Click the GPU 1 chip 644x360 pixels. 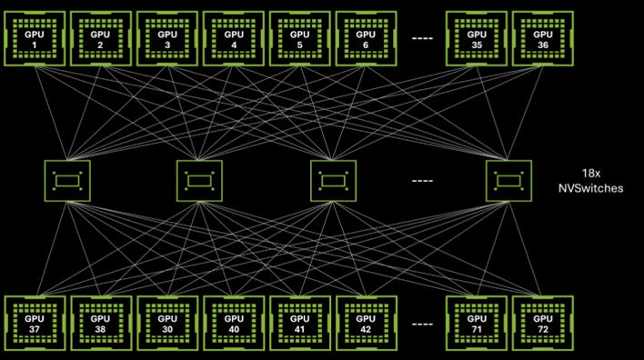point(35,38)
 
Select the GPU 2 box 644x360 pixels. point(101,38)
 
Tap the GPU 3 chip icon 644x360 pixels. point(167,38)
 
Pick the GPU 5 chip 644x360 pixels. point(300,38)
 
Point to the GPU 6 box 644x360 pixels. point(366,38)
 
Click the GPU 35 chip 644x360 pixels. point(477,38)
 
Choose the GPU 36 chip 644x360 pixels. point(543,38)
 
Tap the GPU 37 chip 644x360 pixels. point(35,324)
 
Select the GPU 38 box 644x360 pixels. point(101,324)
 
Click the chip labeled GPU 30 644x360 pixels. point(167,324)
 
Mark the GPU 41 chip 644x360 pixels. point(300,324)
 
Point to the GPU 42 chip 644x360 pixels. point(367,324)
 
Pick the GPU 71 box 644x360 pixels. point(477,324)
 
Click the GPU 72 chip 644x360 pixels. point(543,324)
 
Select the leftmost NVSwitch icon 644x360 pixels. point(67,181)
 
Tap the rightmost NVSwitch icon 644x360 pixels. point(508,181)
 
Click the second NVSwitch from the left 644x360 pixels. point(199,181)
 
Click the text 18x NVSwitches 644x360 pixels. point(590,181)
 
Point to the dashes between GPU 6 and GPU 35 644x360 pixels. point(422,38)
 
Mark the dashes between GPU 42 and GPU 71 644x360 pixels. point(422,325)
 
